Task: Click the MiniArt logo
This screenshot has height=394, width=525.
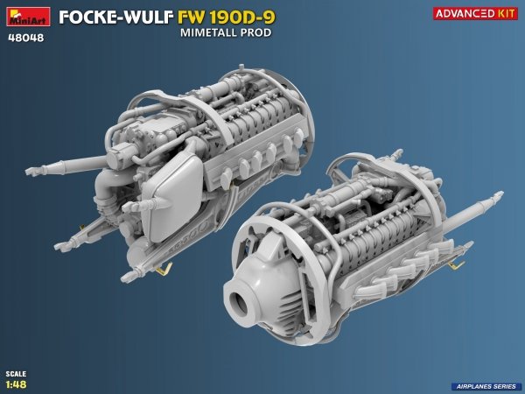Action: click(26, 16)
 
